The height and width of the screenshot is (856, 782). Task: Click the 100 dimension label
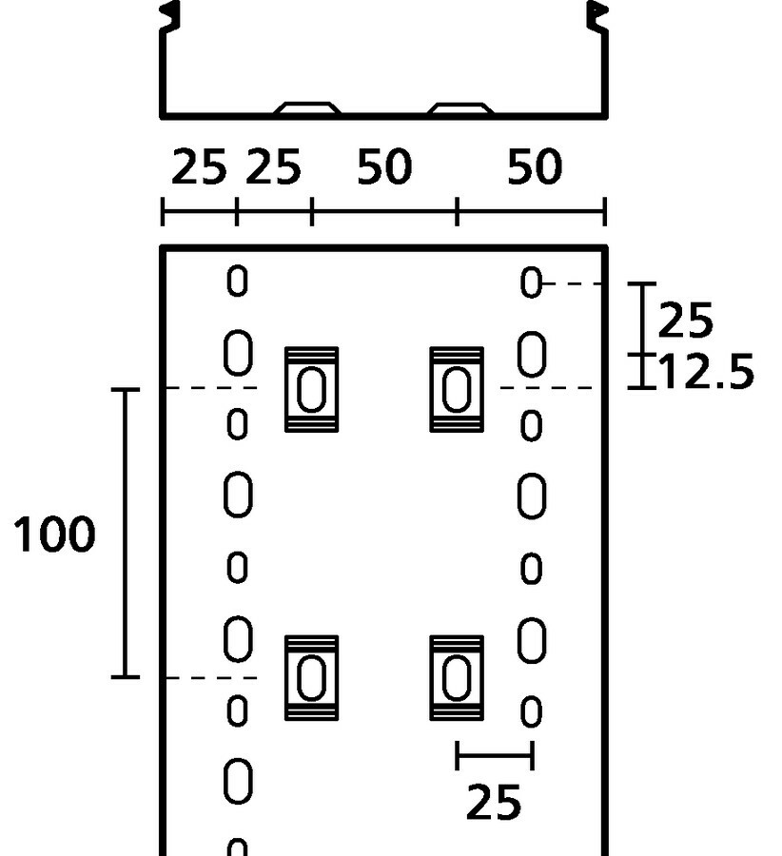[54, 534]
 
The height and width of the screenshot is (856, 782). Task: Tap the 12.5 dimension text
[707, 372]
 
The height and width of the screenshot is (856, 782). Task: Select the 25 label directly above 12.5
[685, 320]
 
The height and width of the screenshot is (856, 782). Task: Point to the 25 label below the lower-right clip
[494, 802]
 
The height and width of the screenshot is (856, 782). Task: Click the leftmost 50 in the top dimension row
[384, 165]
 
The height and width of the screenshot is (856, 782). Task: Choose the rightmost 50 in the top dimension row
[534, 165]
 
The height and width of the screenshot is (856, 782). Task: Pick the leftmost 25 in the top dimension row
[199, 165]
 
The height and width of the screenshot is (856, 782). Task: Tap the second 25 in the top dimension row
[273, 165]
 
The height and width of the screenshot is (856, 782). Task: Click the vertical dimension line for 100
[125, 534]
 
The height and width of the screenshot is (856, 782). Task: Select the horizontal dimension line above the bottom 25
[495, 755]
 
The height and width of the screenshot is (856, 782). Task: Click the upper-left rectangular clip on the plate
[311, 389]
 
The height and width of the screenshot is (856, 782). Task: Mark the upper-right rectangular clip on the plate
[457, 389]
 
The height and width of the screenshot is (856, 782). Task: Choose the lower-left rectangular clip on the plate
[311, 678]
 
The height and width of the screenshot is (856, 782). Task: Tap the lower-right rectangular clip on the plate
[457, 678]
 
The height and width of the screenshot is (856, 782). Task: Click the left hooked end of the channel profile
[169, 17]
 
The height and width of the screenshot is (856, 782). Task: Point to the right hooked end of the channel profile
[597, 17]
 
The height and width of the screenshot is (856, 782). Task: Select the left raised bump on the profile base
[307, 107]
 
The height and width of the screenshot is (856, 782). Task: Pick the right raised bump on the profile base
[460, 107]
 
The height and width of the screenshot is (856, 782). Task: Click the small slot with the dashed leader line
[531, 282]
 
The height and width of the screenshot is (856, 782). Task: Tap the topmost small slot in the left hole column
[237, 282]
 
